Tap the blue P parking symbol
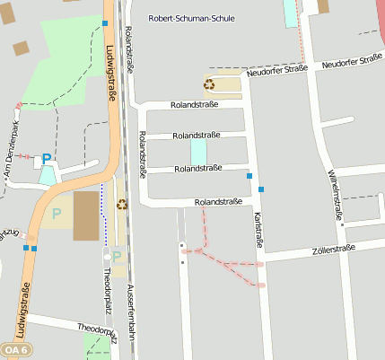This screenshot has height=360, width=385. (47, 160)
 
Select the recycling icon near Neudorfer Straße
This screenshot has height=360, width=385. (209, 85)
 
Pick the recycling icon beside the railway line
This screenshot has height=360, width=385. (122, 204)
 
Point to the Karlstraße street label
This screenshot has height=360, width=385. (257, 228)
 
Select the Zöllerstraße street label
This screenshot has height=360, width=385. (334, 249)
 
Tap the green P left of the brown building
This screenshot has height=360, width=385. (57, 214)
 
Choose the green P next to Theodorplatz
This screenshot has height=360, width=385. (116, 257)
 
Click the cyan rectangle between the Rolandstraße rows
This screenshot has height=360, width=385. (197, 151)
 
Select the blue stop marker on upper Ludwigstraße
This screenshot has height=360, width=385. (105, 23)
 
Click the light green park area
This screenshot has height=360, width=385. (63, 58)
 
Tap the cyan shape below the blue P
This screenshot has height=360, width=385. (47, 175)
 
